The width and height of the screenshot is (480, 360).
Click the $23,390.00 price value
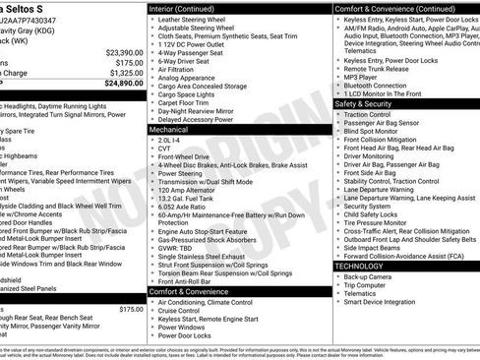(123, 52)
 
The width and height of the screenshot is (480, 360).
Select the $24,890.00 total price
(123, 83)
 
